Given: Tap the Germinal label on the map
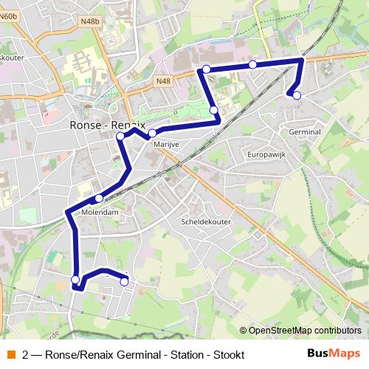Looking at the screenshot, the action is click(305, 131).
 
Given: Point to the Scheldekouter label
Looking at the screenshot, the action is click(206, 221).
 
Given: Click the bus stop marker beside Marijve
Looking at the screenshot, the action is click(152, 134).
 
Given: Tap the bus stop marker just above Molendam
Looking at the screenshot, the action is click(99, 198).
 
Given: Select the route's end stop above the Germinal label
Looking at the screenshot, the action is click(297, 95).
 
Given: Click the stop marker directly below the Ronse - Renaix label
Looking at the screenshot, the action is click(120, 137).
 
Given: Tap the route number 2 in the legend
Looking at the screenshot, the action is click(27, 354).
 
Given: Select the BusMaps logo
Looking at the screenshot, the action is click(334, 354).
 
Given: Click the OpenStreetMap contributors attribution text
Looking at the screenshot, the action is click(305, 331).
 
